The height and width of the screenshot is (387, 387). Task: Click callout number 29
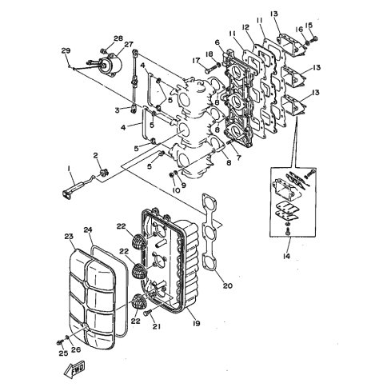pos(66,50)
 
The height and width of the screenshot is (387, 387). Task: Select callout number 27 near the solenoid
pos(128,44)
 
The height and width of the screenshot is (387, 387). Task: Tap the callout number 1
pos(69,169)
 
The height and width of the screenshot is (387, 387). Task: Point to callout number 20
pos(228,285)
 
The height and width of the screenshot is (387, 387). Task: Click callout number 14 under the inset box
pos(286,256)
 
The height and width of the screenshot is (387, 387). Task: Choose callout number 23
pos(69,236)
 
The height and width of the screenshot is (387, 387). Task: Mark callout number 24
pos(88,229)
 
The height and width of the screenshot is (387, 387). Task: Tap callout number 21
pos(157,325)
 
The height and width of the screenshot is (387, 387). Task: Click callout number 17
pos(196,61)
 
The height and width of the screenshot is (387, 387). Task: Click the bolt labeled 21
pos(147,313)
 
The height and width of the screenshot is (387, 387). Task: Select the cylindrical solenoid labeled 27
pos(110,66)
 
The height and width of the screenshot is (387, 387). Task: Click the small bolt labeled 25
pos(59,343)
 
